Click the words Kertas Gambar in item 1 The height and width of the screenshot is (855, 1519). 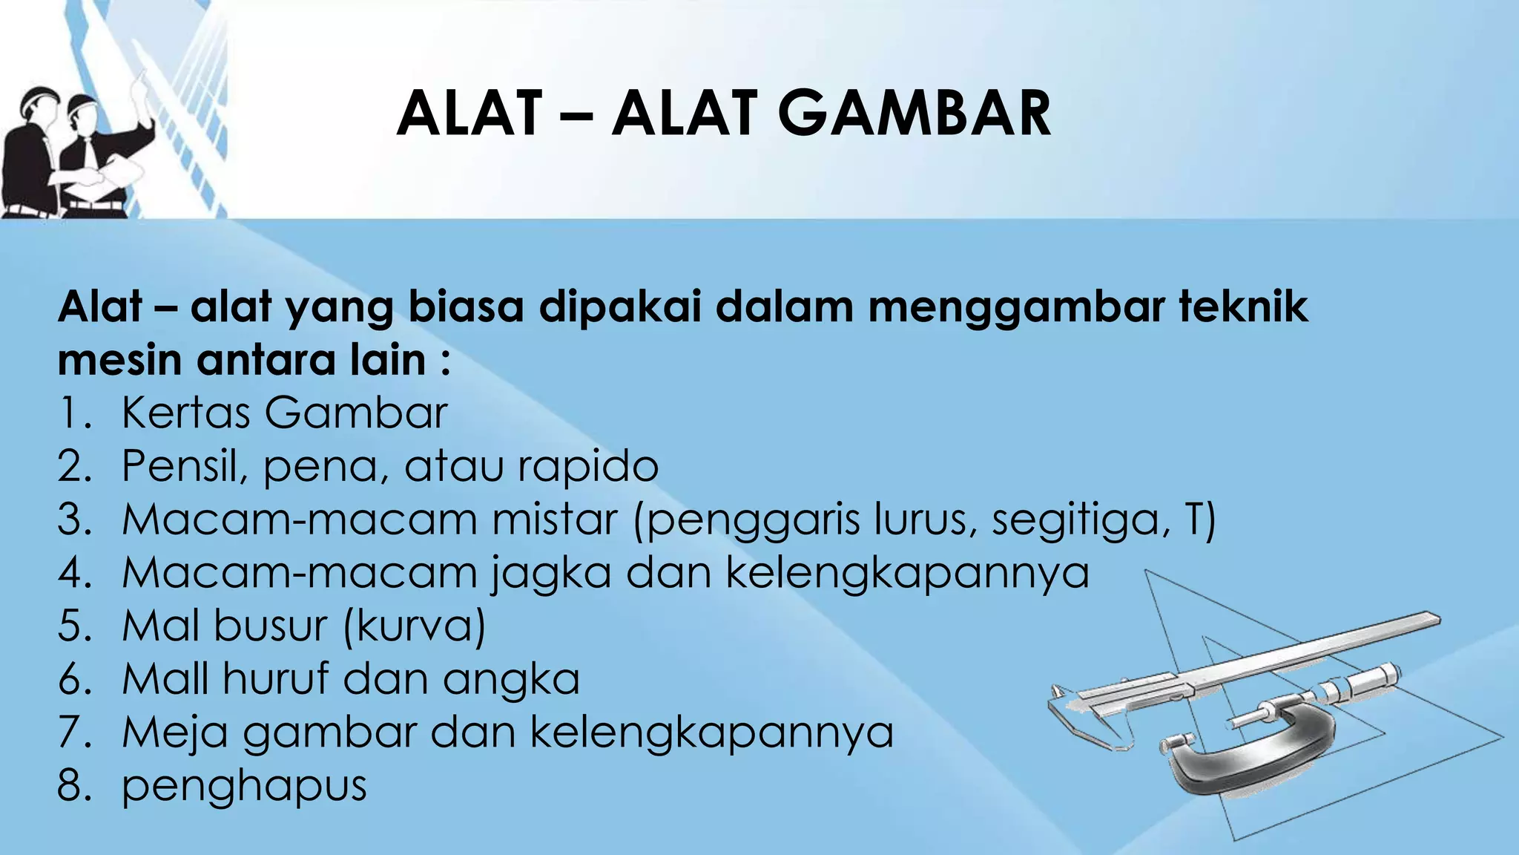pyautogui.click(x=284, y=413)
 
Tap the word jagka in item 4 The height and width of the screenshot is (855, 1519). pyautogui.click(x=551, y=574)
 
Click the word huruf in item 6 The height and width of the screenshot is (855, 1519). pyautogui.click(x=276, y=679)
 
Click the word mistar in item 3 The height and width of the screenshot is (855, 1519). pyautogui.click(x=554, y=520)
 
